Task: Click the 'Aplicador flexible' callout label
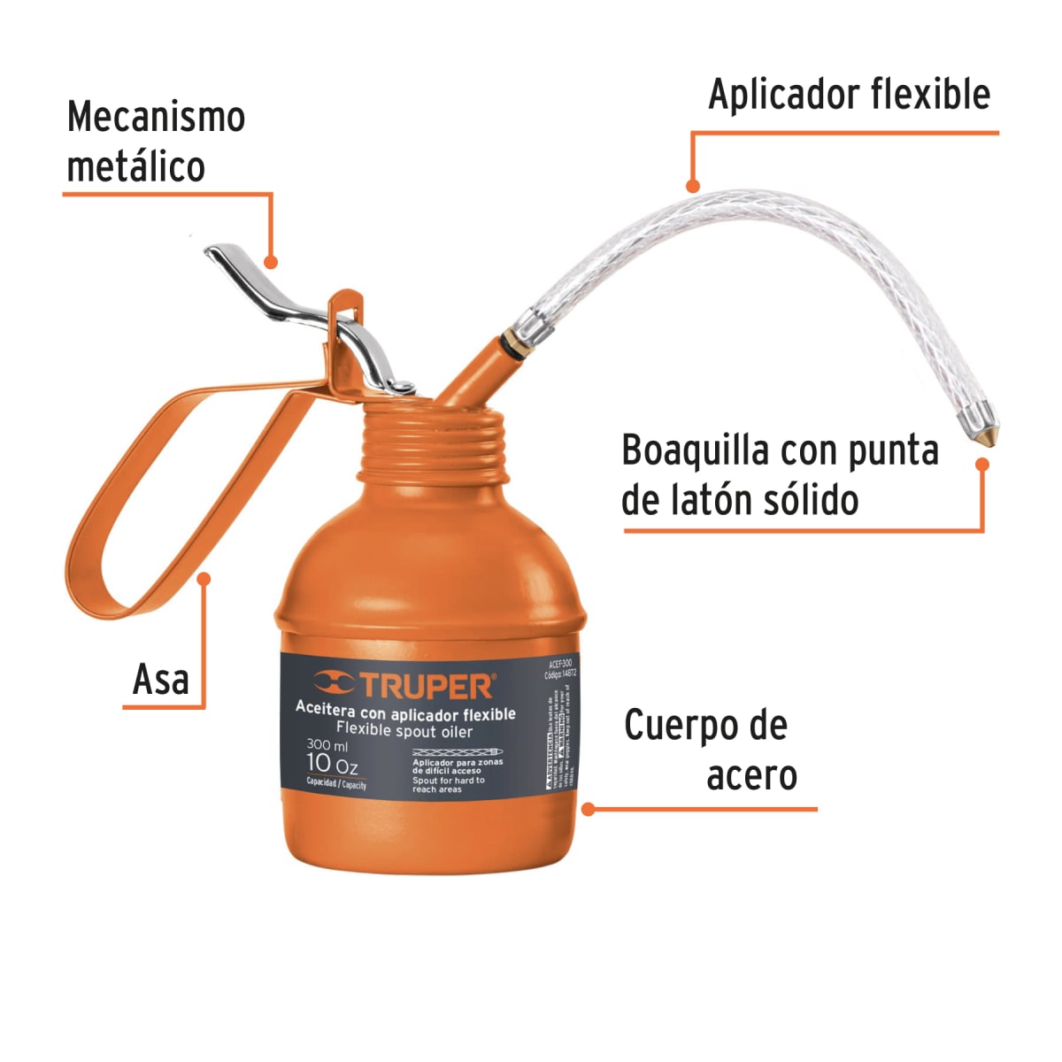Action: coord(849,95)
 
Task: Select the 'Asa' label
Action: coord(161,680)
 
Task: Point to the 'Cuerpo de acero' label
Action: coord(708,750)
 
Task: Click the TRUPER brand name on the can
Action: coord(426,686)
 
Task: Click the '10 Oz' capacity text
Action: coord(332,764)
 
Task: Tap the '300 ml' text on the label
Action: coord(327,745)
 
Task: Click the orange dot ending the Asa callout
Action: coord(204,579)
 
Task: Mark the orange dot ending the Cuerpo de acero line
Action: coord(588,808)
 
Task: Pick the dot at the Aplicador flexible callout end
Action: coord(693,186)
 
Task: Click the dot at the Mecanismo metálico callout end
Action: coord(271,262)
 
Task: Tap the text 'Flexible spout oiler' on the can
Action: coord(404,731)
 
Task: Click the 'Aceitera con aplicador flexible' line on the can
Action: coord(405,713)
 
